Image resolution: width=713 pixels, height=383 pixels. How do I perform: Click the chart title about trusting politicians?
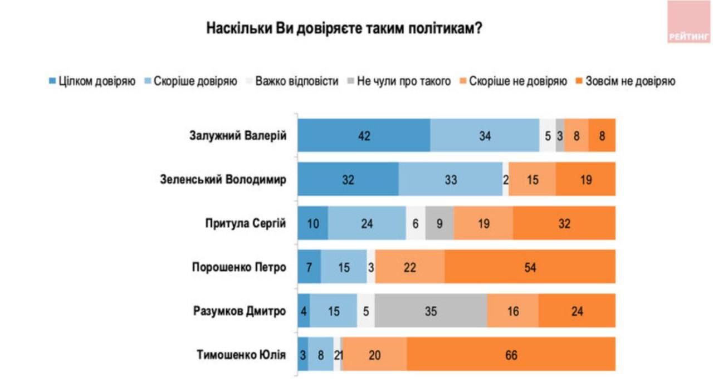(x=344, y=29)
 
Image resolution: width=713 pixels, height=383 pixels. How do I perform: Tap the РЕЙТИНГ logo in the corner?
(x=689, y=23)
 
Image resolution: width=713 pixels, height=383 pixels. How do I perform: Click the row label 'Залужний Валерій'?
(x=238, y=135)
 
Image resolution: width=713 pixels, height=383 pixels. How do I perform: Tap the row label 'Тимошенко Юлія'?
(x=241, y=354)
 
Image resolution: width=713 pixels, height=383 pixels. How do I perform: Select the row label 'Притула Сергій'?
(x=245, y=223)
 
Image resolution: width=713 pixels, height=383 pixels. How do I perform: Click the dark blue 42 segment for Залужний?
(x=364, y=135)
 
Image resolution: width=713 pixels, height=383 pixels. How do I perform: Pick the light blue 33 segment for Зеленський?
(x=450, y=179)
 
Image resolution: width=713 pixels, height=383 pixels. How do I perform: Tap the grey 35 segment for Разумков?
(x=431, y=311)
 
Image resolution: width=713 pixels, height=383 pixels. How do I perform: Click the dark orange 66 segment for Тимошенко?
(x=511, y=354)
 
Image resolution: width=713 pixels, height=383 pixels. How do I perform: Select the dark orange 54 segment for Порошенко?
(x=530, y=267)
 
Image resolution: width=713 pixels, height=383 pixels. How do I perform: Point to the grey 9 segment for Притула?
(x=439, y=223)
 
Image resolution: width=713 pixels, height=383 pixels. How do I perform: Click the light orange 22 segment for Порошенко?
(x=410, y=267)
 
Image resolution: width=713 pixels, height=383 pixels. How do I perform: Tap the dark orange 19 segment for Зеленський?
(x=585, y=179)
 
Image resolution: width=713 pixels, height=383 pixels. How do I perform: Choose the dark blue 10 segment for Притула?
(x=312, y=223)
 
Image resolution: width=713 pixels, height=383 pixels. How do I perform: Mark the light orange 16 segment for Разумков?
(x=512, y=311)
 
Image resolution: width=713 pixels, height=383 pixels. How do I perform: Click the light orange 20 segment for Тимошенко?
(x=374, y=354)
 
